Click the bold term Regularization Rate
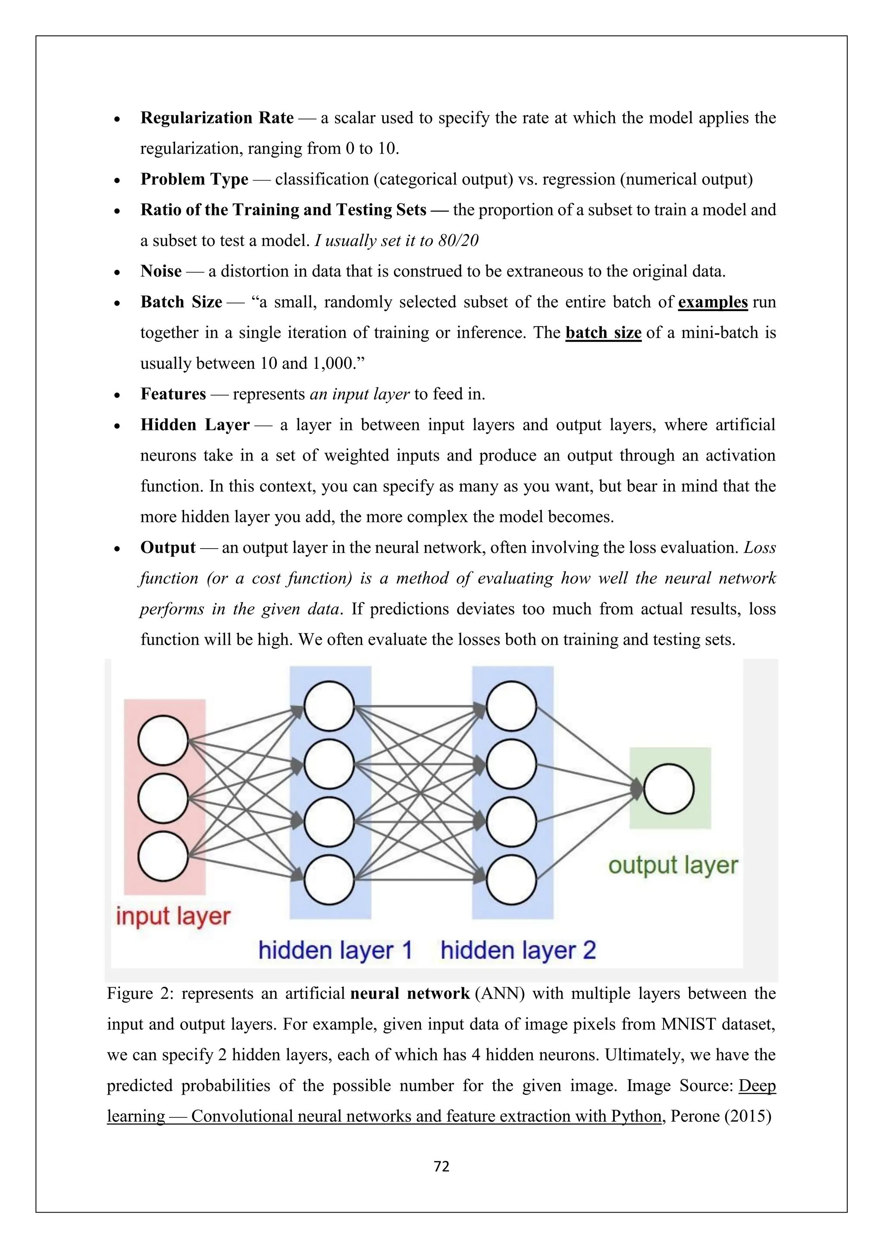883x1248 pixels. pyautogui.click(x=216, y=118)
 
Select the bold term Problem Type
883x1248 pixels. pyautogui.click(x=194, y=179)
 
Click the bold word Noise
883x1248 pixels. pyautogui.click(x=161, y=271)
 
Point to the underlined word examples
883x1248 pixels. pyautogui.click(x=713, y=302)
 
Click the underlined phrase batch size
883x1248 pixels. pyautogui.click(x=604, y=333)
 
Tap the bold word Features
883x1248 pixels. pyautogui.click(x=173, y=394)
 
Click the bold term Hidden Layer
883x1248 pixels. pyautogui.click(x=194, y=425)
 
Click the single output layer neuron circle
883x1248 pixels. pyautogui.click(x=669, y=789)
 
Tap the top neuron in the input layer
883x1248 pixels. pyautogui.click(x=163, y=740)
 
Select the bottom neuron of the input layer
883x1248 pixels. pyautogui.click(x=163, y=856)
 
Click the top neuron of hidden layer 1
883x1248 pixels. pyautogui.click(x=329, y=706)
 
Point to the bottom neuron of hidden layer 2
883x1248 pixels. pyautogui.click(x=511, y=880)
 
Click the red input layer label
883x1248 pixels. pyautogui.click(x=173, y=917)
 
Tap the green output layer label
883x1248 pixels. pyautogui.click(x=673, y=865)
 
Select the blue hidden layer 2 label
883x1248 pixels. pyautogui.click(x=518, y=951)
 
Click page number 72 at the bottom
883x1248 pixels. pyautogui.click(x=441, y=1167)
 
